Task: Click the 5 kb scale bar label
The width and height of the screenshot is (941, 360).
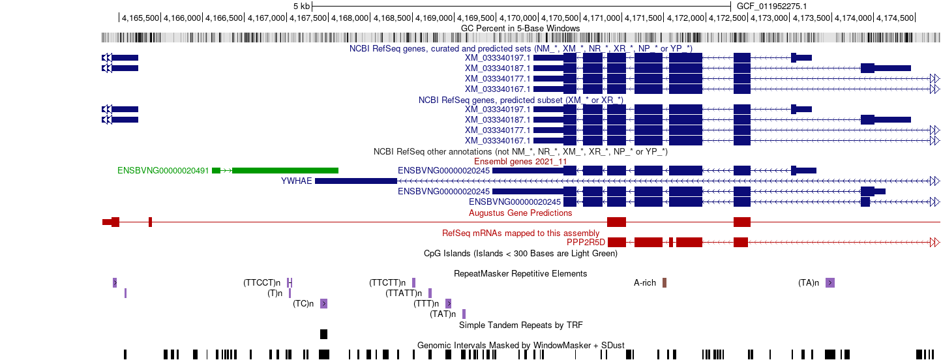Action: pos(302,7)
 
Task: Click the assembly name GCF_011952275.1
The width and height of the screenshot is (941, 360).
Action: pos(771,7)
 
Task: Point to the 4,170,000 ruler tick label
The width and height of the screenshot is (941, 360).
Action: pos(518,18)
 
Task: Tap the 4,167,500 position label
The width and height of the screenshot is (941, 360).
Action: pos(308,18)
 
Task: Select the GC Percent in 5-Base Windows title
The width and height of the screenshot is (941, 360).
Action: pos(520,28)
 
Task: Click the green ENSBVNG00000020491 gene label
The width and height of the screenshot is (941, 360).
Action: pos(163,171)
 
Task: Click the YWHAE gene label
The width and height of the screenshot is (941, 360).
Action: pos(297,181)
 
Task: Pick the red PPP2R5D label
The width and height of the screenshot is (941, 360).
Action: pos(586,243)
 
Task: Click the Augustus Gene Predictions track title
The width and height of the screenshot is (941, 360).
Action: pos(520,213)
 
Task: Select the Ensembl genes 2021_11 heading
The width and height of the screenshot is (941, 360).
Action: pos(520,162)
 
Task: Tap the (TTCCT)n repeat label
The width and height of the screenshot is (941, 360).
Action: pos(261,282)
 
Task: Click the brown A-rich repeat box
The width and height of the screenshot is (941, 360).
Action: pos(665,282)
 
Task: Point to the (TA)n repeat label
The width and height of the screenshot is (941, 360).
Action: pos(809,282)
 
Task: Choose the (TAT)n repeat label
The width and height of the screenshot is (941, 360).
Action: pos(443,314)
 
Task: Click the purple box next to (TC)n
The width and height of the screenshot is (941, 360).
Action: pos(323,304)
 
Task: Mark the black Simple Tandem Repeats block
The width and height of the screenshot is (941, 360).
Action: pos(323,335)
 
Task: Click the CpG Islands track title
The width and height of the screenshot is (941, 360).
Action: pos(520,253)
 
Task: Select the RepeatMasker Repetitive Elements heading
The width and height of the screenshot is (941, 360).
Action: pos(520,274)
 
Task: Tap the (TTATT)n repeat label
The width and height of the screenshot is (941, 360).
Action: pos(404,293)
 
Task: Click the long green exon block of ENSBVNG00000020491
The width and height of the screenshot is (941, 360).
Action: pos(285,171)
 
